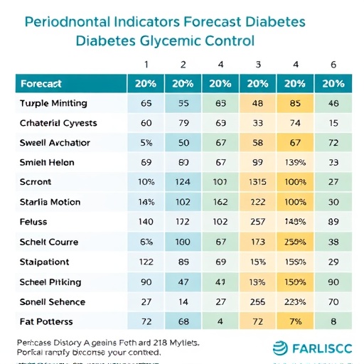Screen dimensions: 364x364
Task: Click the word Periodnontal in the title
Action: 63,21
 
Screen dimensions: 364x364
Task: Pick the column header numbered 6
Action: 333,65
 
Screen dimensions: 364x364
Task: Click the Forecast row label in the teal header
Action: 41,83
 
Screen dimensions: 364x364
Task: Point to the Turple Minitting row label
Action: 54,103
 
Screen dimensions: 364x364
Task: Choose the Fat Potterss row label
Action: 47,322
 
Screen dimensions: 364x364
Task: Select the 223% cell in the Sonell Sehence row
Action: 294,302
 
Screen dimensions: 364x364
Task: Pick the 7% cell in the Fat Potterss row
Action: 294,322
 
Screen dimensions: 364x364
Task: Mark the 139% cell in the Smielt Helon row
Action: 294,163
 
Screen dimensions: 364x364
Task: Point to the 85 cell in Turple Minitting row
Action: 294,103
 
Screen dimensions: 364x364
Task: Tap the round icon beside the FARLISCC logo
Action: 282,348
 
